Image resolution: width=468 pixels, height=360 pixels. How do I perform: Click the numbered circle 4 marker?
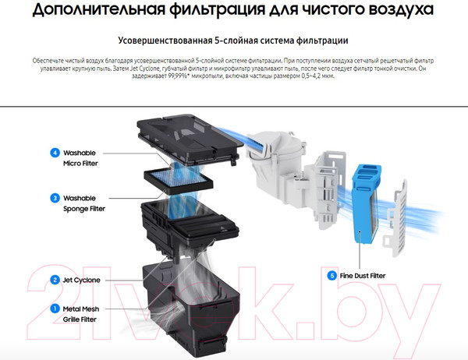[x=55, y=153]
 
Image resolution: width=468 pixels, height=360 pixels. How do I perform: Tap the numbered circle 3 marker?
[x=55, y=198]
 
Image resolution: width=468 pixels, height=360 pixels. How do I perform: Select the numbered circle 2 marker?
[x=55, y=280]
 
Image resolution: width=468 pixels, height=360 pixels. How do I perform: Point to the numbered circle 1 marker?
[x=55, y=309]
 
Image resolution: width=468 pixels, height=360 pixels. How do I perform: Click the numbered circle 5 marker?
[x=332, y=275]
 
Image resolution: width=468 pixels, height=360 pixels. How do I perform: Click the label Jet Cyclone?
[x=86, y=280]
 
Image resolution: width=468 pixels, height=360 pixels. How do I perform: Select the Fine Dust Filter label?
[x=368, y=275]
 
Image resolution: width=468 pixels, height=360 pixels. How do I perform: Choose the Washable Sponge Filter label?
[x=83, y=203]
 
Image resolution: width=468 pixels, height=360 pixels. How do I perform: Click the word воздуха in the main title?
[x=406, y=11]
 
